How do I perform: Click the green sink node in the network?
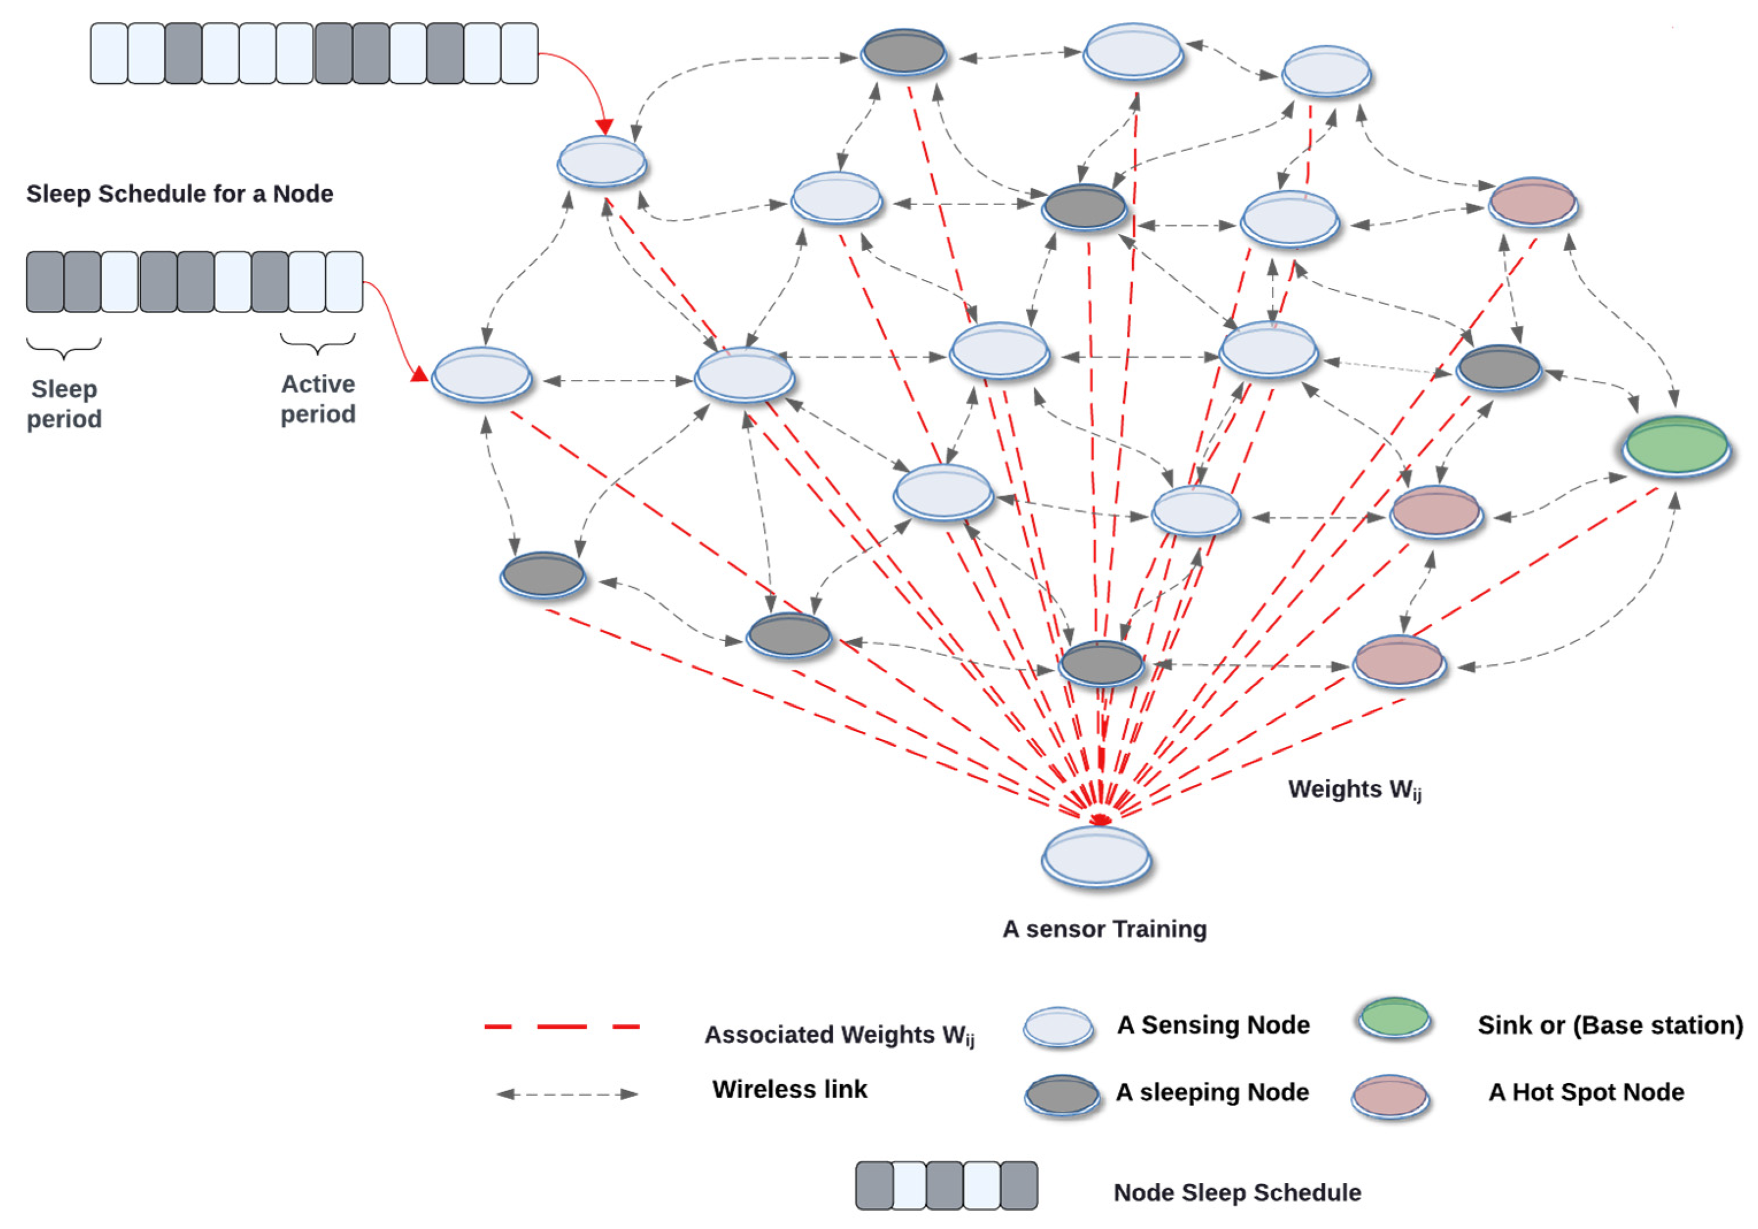point(1675,446)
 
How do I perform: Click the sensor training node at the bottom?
point(1097,856)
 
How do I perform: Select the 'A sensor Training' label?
point(1104,929)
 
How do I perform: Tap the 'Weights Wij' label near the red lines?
point(1354,789)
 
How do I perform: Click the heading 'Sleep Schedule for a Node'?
point(180,194)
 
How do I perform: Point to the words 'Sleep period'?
point(64,403)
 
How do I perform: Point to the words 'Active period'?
point(318,399)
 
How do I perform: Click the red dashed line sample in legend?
point(562,1026)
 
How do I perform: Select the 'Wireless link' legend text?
point(790,1089)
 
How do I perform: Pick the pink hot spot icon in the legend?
point(1390,1096)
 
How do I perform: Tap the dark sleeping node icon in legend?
point(1062,1095)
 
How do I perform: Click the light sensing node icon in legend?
point(1058,1026)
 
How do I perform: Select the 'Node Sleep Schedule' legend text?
point(1237,1192)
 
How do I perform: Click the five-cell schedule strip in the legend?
point(947,1185)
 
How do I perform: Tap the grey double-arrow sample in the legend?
point(567,1094)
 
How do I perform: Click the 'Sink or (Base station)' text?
point(1610,1024)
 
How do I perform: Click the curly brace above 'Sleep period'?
point(64,348)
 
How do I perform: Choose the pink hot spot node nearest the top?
point(1532,202)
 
